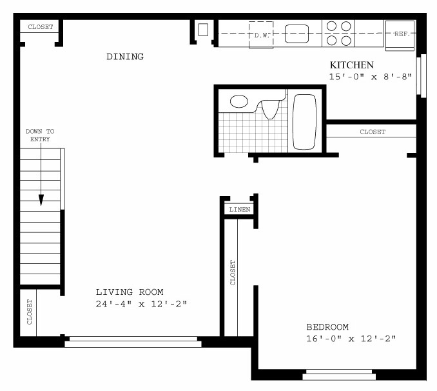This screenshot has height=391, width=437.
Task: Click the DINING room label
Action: click(x=125, y=57)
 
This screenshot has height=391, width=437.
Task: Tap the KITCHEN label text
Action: click(x=352, y=65)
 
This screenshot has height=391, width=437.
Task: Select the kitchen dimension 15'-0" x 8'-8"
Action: click(x=371, y=77)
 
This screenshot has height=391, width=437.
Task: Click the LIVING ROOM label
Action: click(x=130, y=292)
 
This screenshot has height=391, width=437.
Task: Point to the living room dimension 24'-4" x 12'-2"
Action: click(x=141, y=304)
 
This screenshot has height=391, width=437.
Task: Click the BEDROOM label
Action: click(x=327, y=327)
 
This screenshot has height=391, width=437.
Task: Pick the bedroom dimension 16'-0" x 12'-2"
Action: click(x=351, y=339)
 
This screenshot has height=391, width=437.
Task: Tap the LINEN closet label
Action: click(x=240, y=210)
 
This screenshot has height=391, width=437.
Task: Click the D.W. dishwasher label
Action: click(x=262, y=35)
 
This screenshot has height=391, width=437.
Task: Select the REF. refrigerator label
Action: click(x=402, y=34)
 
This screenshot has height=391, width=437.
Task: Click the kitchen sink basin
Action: click(x=296, y=34)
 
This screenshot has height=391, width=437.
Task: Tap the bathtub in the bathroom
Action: click(x=304, y=122)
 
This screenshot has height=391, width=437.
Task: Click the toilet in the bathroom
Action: click(x=270, y=110)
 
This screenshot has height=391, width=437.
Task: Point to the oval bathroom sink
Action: click(x=239, y=101)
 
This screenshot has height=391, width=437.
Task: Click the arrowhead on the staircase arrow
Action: click(x=41, y=200)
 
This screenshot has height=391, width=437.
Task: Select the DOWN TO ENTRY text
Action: click(x=40, y=135)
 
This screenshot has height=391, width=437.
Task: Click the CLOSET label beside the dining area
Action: click(x=41, y=27)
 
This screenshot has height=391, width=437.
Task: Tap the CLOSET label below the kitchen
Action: click(x=373, y=132)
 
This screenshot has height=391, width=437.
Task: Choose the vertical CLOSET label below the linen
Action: click(x=233, y=273)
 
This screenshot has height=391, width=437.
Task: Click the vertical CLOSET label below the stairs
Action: click(x=30, y=312)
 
